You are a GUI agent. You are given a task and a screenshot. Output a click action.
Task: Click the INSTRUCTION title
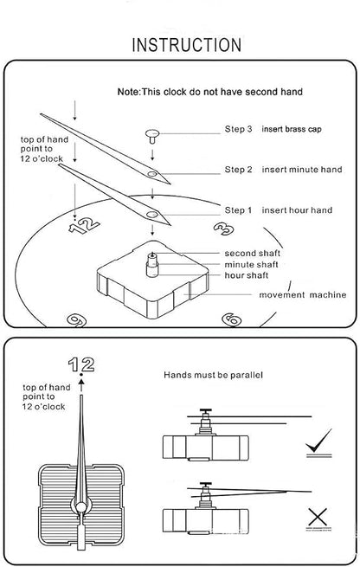click(187, 45)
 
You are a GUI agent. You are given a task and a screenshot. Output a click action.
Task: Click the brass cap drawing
click(152, 136)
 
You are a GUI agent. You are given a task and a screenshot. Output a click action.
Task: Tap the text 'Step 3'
click(238, 129)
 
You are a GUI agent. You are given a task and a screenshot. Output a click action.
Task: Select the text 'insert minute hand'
click(302, 170)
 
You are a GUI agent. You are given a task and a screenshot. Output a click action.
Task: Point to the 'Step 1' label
click(238, 210)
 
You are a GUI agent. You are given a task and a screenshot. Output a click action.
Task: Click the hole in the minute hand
click(152, 174)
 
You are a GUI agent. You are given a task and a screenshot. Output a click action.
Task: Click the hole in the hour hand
click(152, 215)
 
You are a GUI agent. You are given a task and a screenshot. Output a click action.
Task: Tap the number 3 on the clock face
click(224, 229)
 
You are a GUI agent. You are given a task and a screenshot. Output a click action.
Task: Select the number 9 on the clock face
click(77, 320)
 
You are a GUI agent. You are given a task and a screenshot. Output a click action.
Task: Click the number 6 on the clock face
click(231, 319)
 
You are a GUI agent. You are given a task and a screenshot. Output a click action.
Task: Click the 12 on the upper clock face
click(84, 226)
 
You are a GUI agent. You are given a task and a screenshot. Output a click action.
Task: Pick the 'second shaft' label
click(253, 253)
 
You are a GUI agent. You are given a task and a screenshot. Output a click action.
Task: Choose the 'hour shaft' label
click(247, 275)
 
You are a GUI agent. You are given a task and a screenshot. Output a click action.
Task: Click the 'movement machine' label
click(303, 295)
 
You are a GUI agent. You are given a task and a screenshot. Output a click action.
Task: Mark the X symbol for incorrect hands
click(318, 517)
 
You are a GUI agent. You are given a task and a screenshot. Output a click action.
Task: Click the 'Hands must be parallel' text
click(213, 375)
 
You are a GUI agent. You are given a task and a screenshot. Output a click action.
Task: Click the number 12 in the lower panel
click(81, 364)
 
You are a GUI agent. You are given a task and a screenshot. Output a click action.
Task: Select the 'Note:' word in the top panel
click(129, 92)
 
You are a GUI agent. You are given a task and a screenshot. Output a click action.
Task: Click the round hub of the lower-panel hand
click(81, 507)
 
